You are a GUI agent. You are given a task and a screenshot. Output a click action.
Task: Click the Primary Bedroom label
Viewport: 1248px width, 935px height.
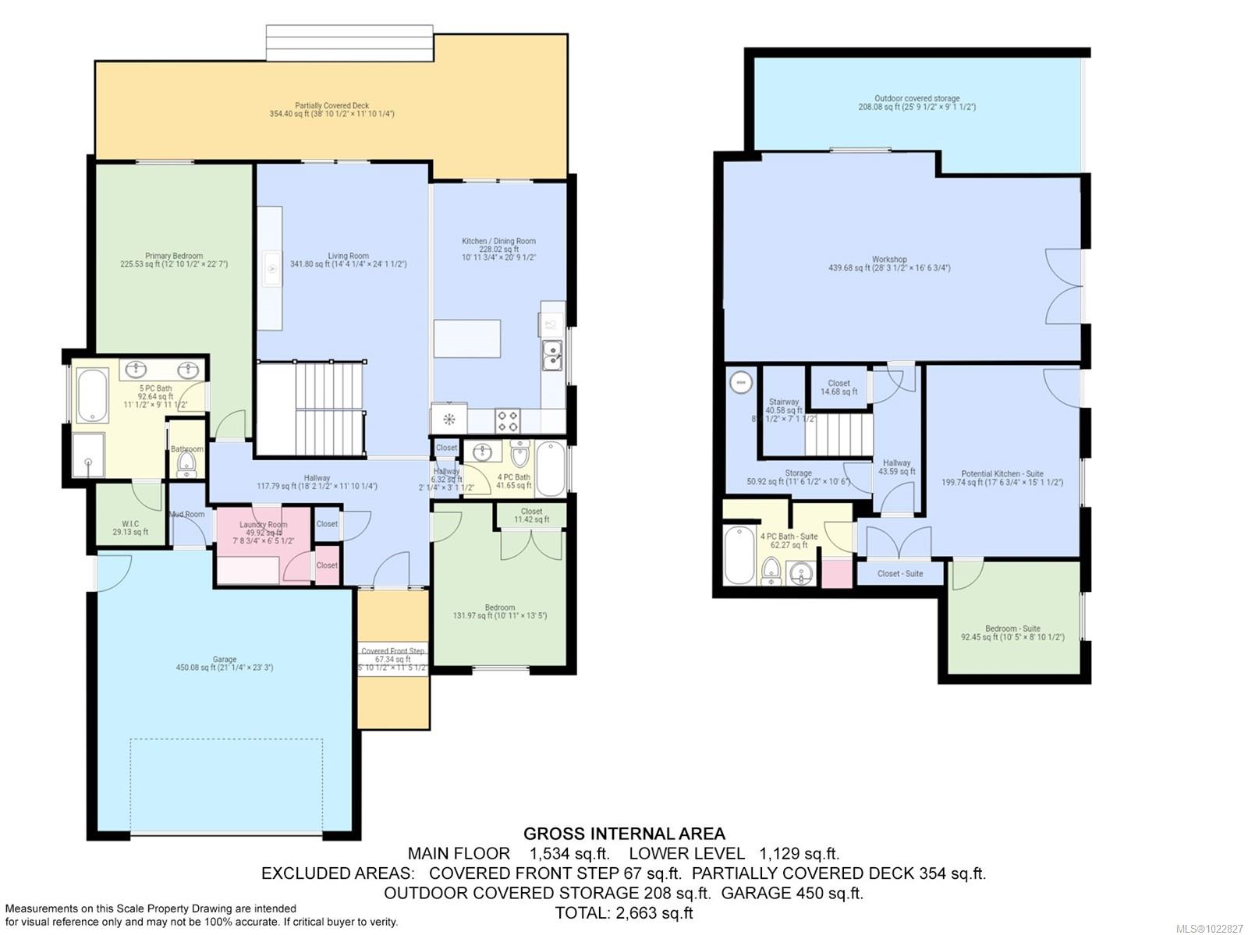pyautogui.click(x=174, y=256)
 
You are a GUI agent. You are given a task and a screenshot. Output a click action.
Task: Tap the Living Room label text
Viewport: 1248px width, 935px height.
pyautogui.click(x=348, y=256)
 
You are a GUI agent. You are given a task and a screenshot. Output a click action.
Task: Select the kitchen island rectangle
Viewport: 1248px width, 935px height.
pyautogui.click(x=467, y=338)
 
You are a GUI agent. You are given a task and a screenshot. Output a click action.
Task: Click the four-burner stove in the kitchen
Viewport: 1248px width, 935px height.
pyautogui.click(x=508, y=421)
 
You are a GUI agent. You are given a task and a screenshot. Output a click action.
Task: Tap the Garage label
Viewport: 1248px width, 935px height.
pyautogui.click(x=225, y=660)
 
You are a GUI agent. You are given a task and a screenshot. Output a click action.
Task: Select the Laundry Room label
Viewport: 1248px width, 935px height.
pyautogui.click(x=263, y=525)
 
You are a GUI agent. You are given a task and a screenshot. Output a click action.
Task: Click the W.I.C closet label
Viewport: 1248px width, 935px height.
pyautogui.click(x=130, y=524)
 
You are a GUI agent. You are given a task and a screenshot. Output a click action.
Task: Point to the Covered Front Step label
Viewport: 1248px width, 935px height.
pyautogui.click(x=393, y=651)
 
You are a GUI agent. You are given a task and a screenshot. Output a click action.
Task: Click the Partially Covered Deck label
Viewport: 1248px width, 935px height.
pyautogui.click(x=332, y=105)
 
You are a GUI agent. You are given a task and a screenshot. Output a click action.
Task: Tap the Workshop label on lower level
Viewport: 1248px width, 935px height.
pyautogui.click(x=889, y=260)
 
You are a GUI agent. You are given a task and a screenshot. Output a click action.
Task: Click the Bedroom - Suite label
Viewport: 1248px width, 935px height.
pyautogui.click(x=1012, y=629)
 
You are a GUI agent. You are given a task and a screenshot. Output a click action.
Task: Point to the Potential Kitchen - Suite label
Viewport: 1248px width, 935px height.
pyautogui.click(x=1002, y=473)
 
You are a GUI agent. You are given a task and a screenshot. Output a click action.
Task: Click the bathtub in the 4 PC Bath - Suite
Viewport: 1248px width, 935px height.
pyautogui.click(x=739, y=555)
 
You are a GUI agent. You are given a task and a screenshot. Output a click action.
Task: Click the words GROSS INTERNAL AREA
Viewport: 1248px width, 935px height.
pyautogui.click(x=624, y=834)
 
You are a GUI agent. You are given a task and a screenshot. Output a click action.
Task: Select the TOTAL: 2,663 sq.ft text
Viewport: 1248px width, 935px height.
pyautogui.click(x=624, y=912)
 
